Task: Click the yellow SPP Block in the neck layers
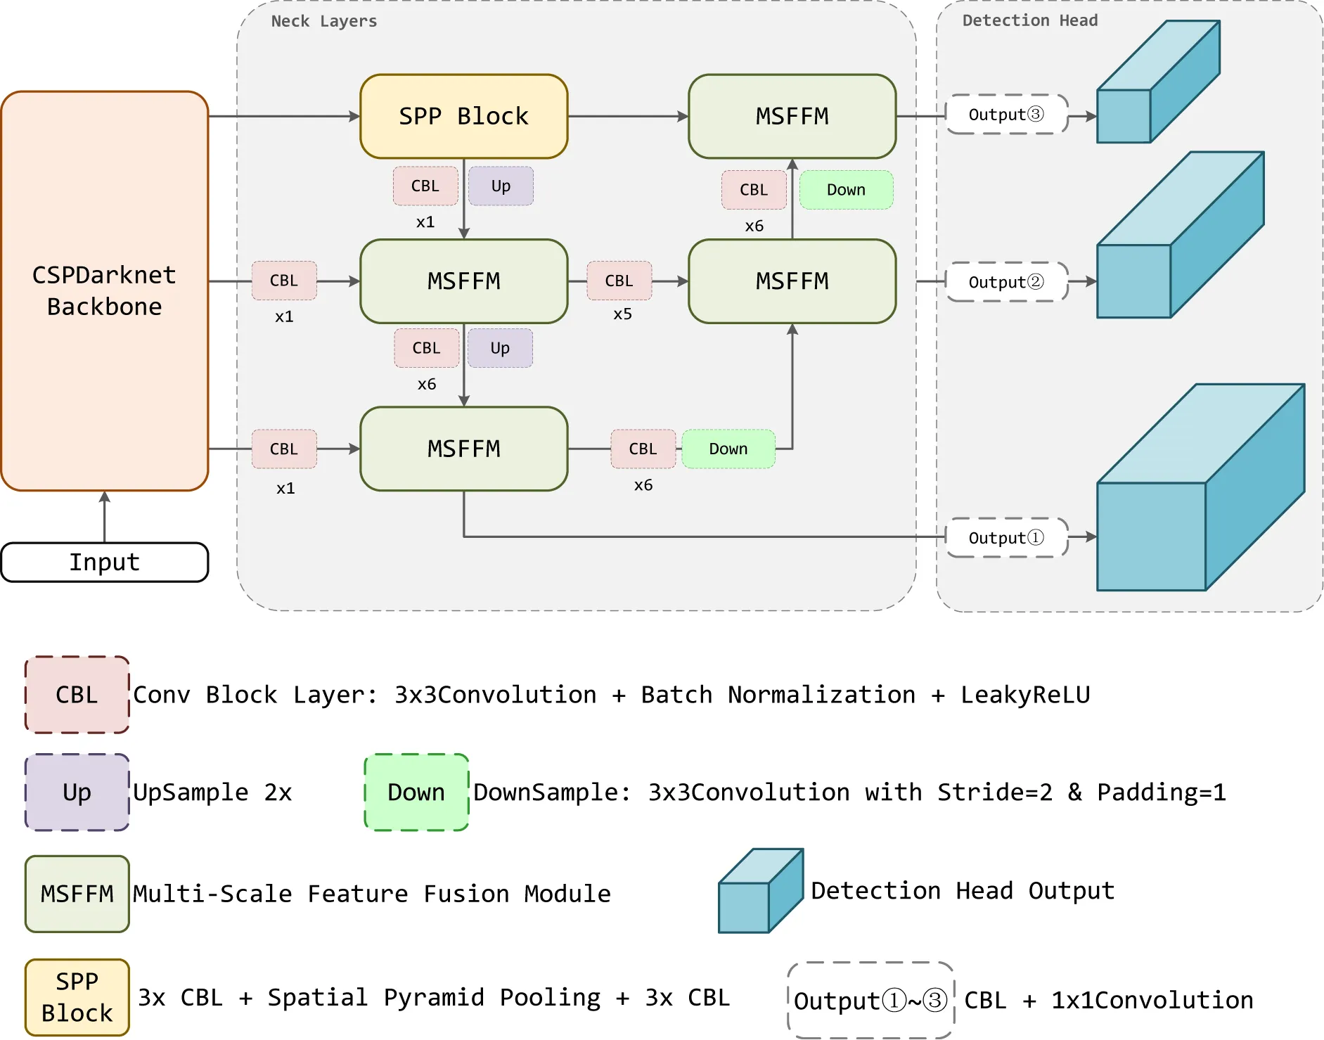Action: [x=463, y=116]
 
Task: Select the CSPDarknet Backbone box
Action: [x=104, y=290]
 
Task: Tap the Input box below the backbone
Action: [x=104, y=563]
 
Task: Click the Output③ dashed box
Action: [x=1006, y=115]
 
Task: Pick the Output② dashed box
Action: [x=1006, y=282]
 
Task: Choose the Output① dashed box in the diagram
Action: [x=1006, y=538]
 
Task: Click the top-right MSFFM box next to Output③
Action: [x=792, y=116]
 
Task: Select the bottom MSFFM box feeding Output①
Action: [x=463, y=449]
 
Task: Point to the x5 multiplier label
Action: [x=622, y=314]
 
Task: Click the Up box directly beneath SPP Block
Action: [x=501, y=186]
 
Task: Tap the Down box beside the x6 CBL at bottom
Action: [x=728, y=449]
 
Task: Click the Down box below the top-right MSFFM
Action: [x=846, y=190]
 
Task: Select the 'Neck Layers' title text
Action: [x=324, y=22]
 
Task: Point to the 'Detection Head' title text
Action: [x=1029, y=21]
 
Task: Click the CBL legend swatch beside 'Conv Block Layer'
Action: [x=77, y=695]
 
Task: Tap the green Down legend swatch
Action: [x=416, y=792]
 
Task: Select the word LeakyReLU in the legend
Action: [x=1025, y=695]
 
